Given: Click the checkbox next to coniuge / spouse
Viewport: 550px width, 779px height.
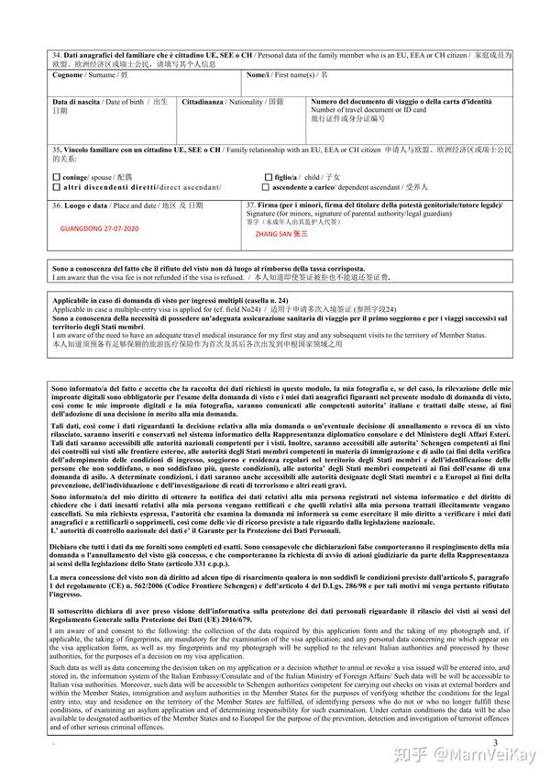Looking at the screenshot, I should point(56,177).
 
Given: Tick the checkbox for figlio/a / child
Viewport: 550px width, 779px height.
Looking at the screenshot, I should point(268,177).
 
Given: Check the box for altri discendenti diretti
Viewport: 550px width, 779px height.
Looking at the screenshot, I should point(56,187).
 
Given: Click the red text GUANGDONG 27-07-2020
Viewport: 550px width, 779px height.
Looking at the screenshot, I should point(99,228).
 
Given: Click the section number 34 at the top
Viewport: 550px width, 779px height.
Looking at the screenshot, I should point(57,56).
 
